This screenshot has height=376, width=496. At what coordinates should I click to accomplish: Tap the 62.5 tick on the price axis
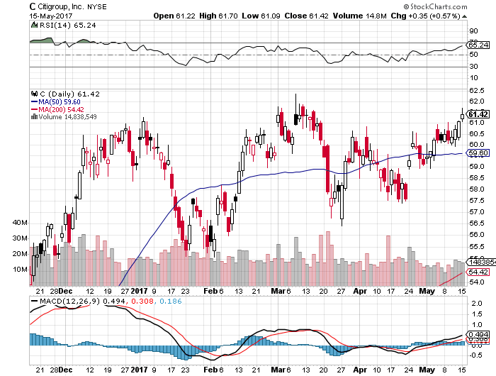point(476,91)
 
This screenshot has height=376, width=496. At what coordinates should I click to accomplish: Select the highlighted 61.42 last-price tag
point(478,114)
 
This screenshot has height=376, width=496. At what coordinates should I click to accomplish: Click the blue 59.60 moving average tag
point(478,153)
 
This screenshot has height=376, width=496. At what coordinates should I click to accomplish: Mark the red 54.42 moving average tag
point(478,272)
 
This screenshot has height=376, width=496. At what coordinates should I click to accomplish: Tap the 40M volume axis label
point(19,222)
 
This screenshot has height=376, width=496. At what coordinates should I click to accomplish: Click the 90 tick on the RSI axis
point(473,31)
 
